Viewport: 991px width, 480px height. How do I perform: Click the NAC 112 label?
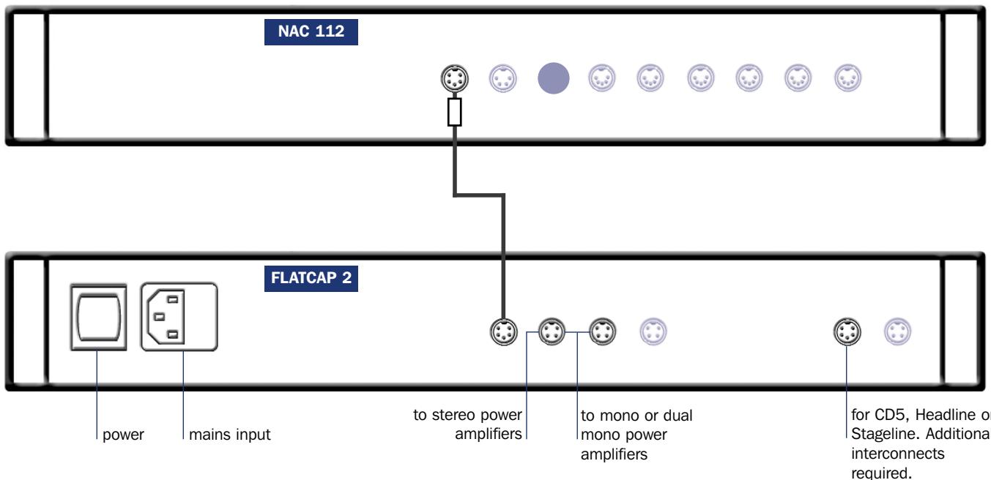(310, 34)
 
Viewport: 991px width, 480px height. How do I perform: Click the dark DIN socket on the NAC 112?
(454, 78)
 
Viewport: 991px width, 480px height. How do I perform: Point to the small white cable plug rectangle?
(454, 113)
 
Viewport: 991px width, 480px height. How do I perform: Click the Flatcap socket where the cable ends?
(503, 331)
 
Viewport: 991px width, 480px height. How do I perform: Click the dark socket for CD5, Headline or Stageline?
(847, 331)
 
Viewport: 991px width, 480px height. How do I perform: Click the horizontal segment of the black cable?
(479, 195)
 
